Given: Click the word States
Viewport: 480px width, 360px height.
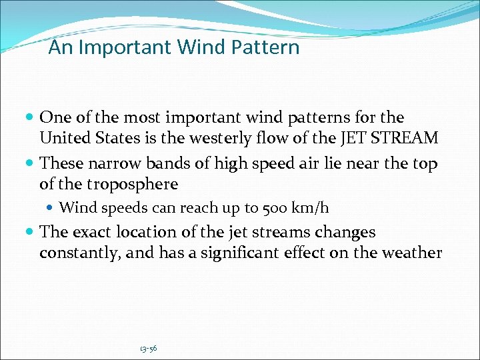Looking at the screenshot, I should [x=111, y=138].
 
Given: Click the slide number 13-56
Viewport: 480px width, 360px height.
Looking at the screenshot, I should [x=148, y=348].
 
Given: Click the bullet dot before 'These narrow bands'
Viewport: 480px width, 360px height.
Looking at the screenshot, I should [x=32, y=163].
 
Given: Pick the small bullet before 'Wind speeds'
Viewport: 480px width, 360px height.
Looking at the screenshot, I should [x=52, y=209].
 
